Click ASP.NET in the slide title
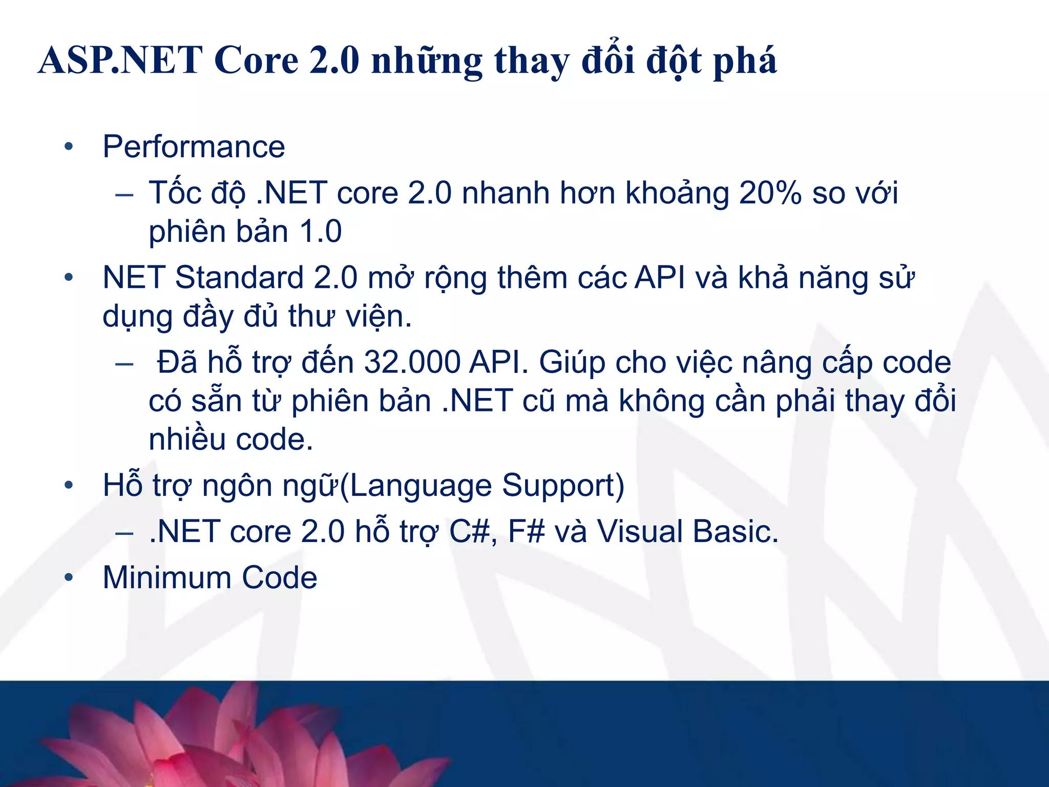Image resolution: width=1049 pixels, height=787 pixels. [120, 60]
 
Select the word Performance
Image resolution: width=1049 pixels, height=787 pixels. [194, 147]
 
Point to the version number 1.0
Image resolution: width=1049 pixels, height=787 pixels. [321, 232]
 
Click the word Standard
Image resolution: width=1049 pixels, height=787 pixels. [240, 278]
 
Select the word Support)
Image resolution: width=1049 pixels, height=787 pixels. [563, 486]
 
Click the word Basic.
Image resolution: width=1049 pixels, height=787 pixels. [736, 532]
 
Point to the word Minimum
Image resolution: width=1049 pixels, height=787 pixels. [167, 578]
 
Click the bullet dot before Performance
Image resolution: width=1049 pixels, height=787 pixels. [69, 148]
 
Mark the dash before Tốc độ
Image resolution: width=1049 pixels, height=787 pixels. [124, 195]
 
